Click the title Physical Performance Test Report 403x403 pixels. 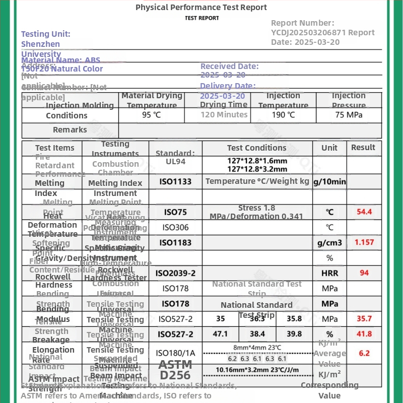pyautogui.click(x=201, y=8)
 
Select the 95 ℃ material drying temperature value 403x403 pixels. pyautogui.click(x=151, y=115)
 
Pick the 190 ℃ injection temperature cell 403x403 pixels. pyautogui.click(x=284, y=115)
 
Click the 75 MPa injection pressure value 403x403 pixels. pyautogui.click(x=349, y=115)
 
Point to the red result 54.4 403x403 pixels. pyautogui.click(x=364, y=212)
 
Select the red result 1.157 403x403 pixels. pyautogui.click(x=364, y=243)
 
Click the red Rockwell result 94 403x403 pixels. pyautogui.click(x=364, y=273)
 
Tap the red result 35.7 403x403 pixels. pyautogui.click(x=364, y=319)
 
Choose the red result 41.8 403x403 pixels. pyautogui.click(x=364, y=334)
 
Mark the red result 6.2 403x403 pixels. pyautogui.click(x=364, y=354)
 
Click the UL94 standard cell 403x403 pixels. pyautogui.click(x=175, y=162)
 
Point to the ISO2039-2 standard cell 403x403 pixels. pyautogui.click(x=175, y=274)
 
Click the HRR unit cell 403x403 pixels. pyautogui.click(x=329, y=274)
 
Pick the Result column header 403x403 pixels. pyautogui.click(x=363, y=148)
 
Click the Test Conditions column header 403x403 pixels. pyautogui.click(x=256, y=148)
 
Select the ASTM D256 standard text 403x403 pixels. pyautogui.click(x=175, y=370)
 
